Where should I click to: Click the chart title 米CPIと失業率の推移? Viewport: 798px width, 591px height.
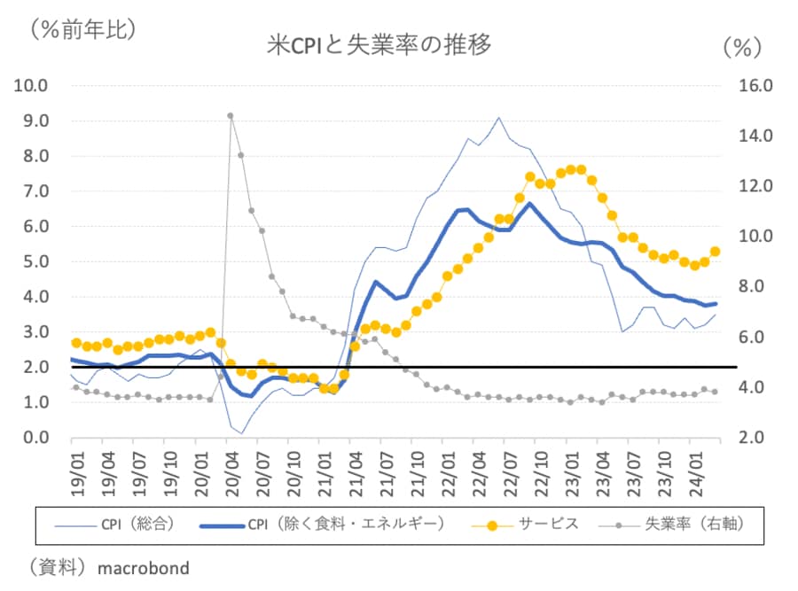[x=379, y=44]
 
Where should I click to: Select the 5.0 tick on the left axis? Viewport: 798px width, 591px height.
[x=34, y=261]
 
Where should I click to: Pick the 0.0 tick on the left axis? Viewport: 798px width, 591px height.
[x=34, y=438]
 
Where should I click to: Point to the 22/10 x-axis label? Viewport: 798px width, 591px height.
[x=539, y=473]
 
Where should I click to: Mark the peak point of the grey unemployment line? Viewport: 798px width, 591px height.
[x=230, y=115]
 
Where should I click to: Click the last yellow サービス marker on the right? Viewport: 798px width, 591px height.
[x=715, y=252]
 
